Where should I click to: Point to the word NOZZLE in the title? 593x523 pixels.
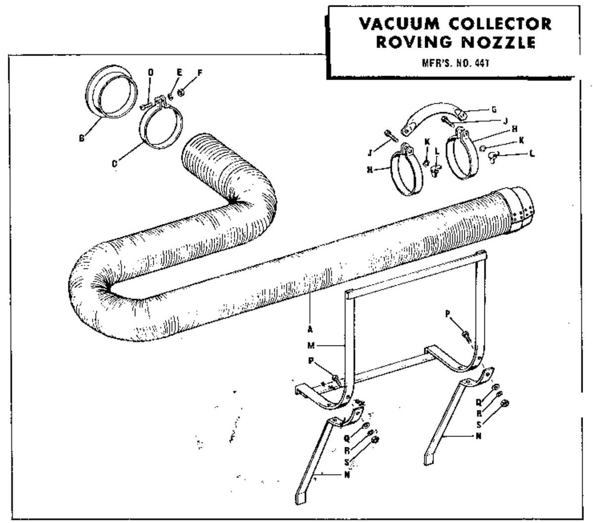coord(502,43)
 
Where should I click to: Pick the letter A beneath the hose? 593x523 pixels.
coord(309,328)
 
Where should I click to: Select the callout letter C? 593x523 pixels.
coord(114,163)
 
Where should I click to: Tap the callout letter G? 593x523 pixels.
coord(494,109)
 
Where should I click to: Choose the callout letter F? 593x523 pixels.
coord(200,73)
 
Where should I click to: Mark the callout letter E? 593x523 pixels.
coord(179,72)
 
